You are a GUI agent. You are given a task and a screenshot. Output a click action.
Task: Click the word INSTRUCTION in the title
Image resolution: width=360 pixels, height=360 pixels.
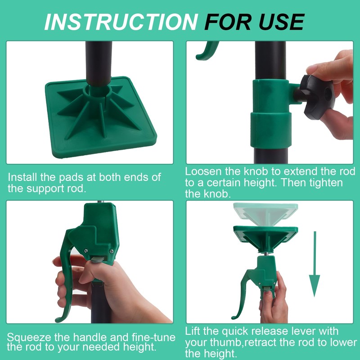[121, 22]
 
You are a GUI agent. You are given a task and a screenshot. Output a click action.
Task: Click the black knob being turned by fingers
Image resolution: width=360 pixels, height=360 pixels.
[316, 96]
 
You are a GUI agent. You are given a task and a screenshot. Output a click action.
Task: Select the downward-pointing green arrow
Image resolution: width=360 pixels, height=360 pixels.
[315, 264]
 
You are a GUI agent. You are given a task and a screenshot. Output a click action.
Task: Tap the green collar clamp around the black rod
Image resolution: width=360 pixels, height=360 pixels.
[271, 114]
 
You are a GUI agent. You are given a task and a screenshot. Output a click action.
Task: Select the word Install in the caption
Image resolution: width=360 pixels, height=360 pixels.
[22, 177]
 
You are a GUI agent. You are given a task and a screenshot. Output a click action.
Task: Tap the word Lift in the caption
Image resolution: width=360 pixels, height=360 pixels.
[193, 331]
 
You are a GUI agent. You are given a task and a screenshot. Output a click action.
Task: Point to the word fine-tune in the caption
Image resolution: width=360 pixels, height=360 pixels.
[153, 337]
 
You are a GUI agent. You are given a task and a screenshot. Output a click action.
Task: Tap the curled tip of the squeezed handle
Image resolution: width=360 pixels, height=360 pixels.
[60, 319]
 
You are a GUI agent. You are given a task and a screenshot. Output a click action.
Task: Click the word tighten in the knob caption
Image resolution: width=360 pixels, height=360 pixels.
[326, 183]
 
